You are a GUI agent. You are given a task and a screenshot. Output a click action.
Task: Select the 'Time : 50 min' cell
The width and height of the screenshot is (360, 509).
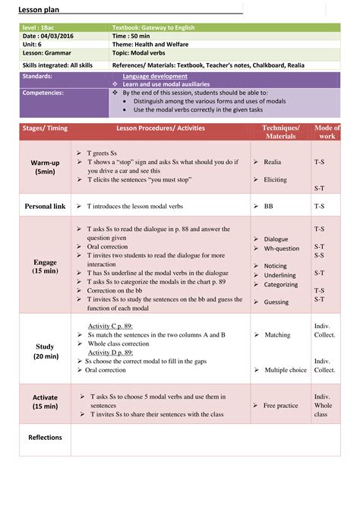131,36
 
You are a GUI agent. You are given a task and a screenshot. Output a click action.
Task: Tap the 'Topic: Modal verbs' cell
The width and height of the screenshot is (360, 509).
145,55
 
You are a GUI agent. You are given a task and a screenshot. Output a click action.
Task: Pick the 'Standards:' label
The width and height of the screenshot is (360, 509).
38,77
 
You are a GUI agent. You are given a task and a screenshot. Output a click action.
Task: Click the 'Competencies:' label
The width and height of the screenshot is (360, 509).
43,92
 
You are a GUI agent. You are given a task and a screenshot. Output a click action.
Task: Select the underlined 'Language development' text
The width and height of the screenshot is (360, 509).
155,77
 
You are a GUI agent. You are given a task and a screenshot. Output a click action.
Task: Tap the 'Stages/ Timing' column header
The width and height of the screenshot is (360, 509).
45,128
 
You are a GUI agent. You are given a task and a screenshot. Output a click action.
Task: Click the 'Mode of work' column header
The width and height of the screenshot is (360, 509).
327,132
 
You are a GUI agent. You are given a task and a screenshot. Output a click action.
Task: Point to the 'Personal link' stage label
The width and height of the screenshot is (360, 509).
45,206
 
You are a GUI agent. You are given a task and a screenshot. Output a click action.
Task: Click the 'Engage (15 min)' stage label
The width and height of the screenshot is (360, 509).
45,266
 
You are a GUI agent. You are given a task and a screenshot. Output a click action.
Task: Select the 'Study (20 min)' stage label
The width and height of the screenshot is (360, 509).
45,351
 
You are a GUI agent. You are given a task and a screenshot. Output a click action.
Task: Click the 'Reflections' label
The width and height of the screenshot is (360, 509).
45,438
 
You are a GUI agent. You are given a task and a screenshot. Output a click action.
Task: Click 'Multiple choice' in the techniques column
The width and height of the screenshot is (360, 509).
286,370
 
